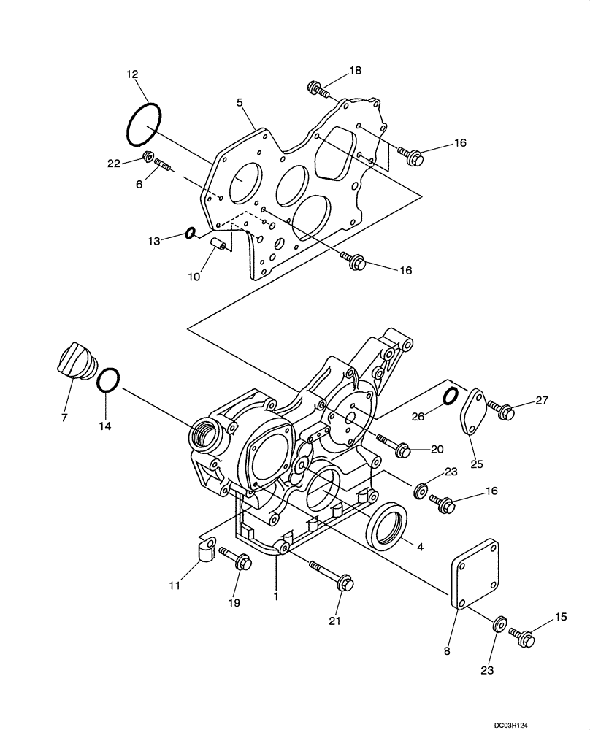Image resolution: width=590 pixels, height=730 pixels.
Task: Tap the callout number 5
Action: pos(240,103)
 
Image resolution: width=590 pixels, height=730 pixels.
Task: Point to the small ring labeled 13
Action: pos(189,234)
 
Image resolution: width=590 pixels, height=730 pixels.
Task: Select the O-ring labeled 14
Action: pos(107,380)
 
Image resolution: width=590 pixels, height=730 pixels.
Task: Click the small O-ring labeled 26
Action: pos(451,396)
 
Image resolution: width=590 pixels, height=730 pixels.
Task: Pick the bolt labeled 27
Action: pos(501,410)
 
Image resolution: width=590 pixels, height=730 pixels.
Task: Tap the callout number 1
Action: pos(276,596)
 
